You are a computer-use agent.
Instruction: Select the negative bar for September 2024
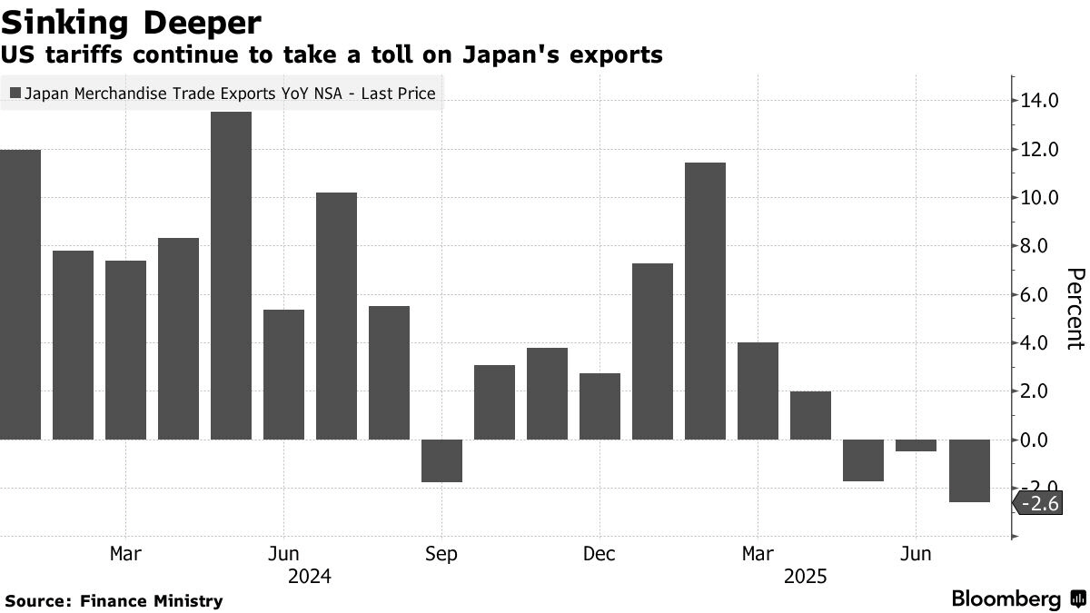(x=441, y=460)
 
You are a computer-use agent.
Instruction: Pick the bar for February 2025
(x=705, y=301)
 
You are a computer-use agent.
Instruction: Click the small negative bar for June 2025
(x=916, y=445)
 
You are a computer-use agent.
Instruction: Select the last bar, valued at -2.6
(x=968, y=470)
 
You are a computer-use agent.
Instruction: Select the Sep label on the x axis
(x=441, y=554)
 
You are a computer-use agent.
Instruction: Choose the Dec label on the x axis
(x=599, y=554)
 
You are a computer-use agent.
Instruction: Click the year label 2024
(x=309, y=577)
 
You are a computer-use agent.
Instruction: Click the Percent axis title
(x=1075, y=309)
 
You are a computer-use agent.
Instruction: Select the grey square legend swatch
(x=15, y=93)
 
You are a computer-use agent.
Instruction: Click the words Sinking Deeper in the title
(x=133, y=22)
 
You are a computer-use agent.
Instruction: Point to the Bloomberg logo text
(x=1006, y=599)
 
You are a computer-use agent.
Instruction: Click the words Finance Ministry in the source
(x=151, y=600)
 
